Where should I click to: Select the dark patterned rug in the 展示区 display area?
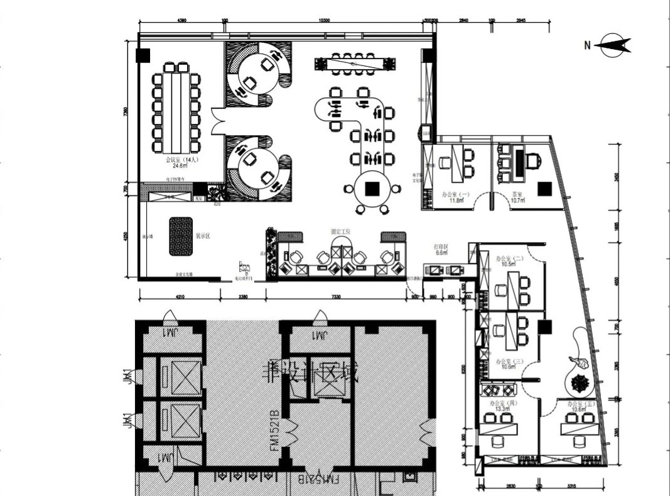[181, 236]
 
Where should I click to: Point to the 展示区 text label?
[202, 237]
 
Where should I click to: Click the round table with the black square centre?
[371, 188]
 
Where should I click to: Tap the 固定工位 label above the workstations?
[340, 232]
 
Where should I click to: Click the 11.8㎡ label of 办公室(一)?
[456, 201]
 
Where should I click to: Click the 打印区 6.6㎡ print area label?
[441, 250]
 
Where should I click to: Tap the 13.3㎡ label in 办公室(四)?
[502, 409]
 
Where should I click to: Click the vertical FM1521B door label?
[274, 433]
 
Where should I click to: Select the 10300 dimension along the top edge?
[324, 21]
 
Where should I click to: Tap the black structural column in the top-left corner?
[144, 55]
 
